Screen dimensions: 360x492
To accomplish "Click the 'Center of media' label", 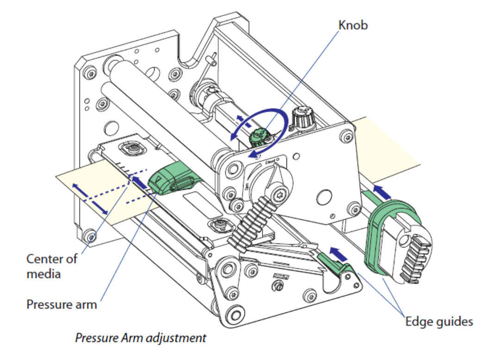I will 52,266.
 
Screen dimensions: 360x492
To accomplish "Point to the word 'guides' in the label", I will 455,321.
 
